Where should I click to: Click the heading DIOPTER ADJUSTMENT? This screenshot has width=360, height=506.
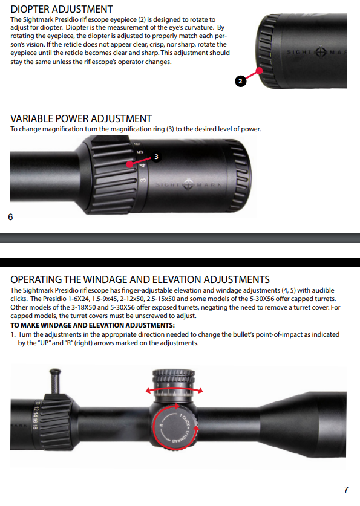click(62, 9)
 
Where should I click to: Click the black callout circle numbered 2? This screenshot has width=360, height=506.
click(240, 82)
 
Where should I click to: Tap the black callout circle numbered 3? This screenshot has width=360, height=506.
click(156, 157)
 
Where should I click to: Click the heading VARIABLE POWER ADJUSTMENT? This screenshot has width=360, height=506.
click(81, 118)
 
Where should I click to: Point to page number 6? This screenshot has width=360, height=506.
click(10, 216)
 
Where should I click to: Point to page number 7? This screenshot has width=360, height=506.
click(346, 490)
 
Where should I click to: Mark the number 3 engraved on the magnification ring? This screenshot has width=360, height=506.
click(142, 180)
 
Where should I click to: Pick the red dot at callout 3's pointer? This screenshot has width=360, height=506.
click(131, 163)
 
